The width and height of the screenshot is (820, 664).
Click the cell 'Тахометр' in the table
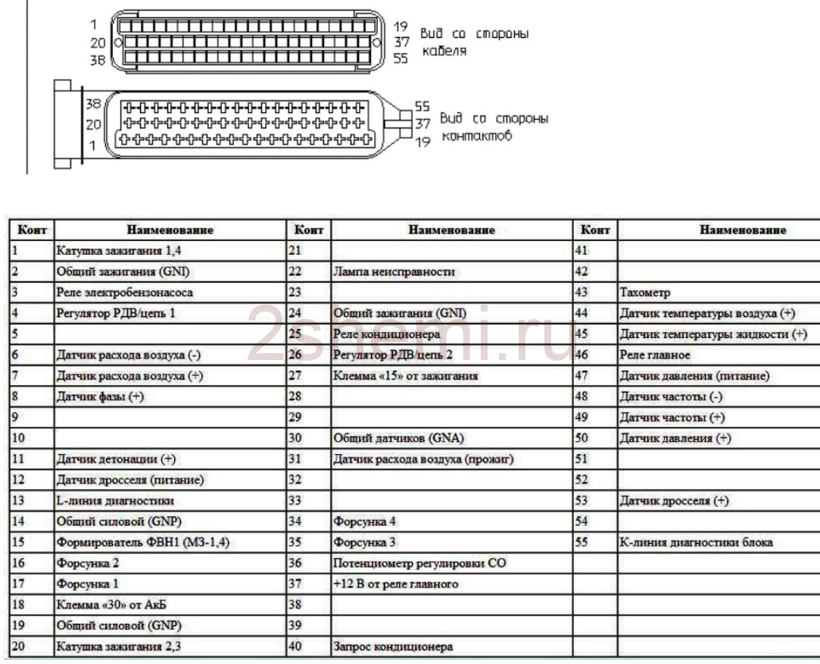click(x=644, y=292)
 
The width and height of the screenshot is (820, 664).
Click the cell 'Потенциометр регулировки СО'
click(x=419, y=563)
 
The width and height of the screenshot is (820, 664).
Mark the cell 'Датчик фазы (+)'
click(x=100, y=396)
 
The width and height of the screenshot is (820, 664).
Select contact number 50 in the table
click(x=582, y=438)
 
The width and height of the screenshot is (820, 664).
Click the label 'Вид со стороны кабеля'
click(x=474, y=42)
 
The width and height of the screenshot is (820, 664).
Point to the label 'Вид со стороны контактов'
click(x=494, y=127)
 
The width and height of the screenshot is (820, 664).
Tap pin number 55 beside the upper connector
click(x=401, y=58)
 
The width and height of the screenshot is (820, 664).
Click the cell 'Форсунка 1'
click(x=88, y=584)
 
